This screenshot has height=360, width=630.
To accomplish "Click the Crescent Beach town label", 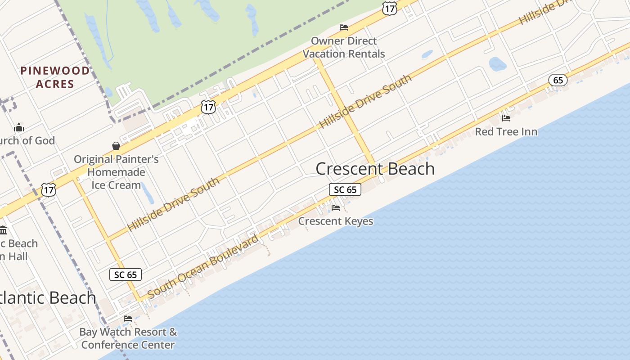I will tap(375, 169).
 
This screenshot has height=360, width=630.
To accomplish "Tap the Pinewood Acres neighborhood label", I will tap(55, 77).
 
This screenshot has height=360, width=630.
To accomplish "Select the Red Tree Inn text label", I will tap(506, 132).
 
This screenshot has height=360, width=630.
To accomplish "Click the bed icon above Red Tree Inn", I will tap(506, 118).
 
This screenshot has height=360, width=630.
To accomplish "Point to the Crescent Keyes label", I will tap(336, 221).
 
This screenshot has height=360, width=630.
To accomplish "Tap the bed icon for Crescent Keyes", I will tap(336, 207).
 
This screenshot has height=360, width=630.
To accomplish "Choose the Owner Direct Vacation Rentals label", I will tap(344, 47).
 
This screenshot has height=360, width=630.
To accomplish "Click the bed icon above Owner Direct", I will tap(344, 27).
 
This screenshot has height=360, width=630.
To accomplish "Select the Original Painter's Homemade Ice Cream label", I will tap(116, 172).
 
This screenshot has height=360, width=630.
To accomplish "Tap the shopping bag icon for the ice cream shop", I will tap(116, 146).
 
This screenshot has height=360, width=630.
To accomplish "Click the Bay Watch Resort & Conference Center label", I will tap(128, 338).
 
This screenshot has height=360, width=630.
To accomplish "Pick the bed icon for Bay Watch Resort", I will tap(128, 319).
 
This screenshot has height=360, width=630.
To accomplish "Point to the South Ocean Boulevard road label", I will tap(203, 266).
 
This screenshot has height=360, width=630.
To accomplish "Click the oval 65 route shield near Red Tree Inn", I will tap(558, 81).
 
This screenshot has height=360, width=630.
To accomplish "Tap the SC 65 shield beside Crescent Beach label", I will tap(345, 189).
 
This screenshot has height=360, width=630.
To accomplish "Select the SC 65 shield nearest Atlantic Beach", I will tap(126, 274).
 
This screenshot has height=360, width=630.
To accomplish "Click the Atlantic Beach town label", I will tap(47, 298).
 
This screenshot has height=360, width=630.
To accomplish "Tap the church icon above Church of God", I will tap(19, 127).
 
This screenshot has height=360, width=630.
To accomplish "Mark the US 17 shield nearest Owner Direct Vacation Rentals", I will tap(389, 8).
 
